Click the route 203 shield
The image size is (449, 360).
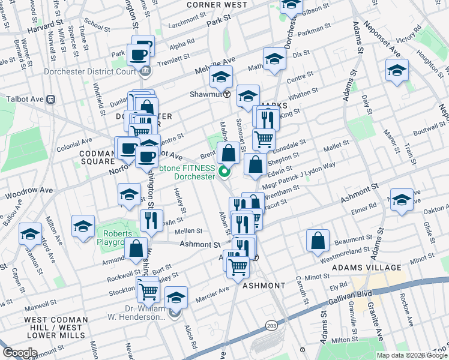[271, 325]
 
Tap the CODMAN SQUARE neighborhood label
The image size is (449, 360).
[97, 157]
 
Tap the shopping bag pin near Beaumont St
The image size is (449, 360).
[318, 240]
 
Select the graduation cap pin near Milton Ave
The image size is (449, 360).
[83, 226]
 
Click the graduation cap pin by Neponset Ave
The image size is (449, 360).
[397, 70]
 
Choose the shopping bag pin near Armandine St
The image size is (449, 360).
[137, 248]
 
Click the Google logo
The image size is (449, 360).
[20, 353]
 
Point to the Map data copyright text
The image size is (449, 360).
[412, 355]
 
